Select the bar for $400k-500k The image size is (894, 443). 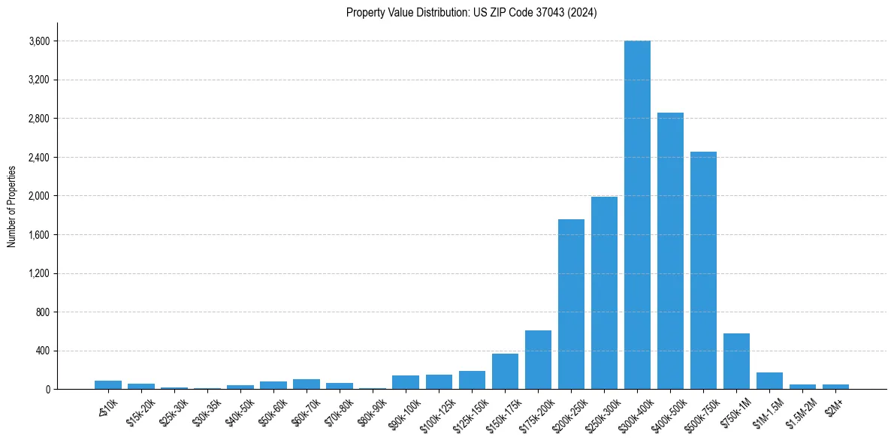[670, 251]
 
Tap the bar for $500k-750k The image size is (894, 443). [703, 270]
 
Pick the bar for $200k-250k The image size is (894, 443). [571, 304]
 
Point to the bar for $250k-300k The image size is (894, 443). [604, 293]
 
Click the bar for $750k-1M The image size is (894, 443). [736, 361]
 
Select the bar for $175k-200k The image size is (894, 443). [538, 360]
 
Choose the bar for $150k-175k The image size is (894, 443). [505, 372]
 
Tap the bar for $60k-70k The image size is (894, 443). [307, 384]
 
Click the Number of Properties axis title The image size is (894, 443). [11, 206]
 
